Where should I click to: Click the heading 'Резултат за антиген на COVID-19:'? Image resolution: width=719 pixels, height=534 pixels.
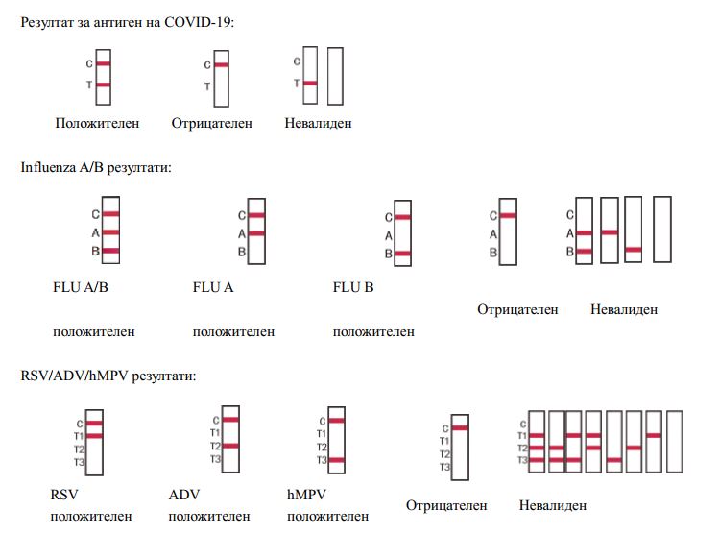coord(127,21)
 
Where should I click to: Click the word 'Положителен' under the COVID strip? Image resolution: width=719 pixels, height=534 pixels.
coord(97,123)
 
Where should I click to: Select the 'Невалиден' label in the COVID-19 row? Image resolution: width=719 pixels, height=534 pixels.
coord(318,123)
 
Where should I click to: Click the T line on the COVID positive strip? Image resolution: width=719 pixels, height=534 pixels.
coord(104,85)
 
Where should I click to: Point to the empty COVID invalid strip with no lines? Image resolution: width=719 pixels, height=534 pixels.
coord(335,77)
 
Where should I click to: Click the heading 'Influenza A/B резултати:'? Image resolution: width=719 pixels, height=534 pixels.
coord(96,167)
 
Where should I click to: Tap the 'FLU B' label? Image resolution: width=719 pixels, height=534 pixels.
coord(353,286)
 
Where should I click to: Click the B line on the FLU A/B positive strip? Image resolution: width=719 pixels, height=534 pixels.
coord(110,251)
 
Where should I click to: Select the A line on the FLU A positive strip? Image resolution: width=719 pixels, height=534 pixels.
coord(256,233)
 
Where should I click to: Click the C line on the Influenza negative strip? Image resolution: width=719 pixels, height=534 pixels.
coord(508,215)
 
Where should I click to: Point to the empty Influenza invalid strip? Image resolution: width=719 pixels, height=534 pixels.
coord(662,229)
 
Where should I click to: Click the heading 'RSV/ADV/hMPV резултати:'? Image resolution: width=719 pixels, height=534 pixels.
coord(108,375)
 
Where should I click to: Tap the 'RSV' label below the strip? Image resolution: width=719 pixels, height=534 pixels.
coord(63,496)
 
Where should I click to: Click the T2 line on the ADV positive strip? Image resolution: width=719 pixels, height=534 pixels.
coord(230,446)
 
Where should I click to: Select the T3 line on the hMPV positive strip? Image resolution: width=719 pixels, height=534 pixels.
coord(336,460)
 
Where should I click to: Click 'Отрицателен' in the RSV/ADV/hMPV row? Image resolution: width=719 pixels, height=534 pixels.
coord(446,505)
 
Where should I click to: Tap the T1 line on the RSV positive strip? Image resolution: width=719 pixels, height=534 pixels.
coord(93,435)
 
